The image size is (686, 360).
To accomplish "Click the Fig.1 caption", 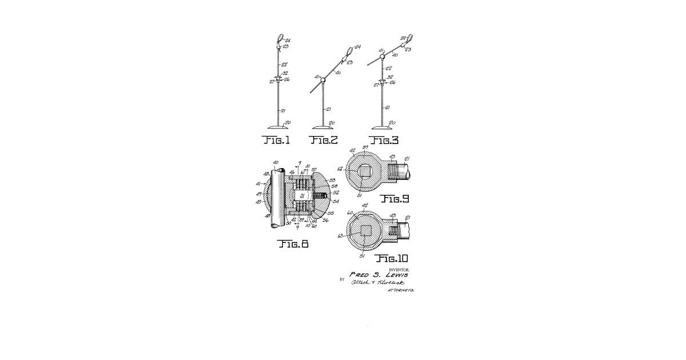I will point(276,139).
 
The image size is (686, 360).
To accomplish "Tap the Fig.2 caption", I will point(324,139).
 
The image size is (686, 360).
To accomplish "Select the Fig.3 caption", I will point(385,139).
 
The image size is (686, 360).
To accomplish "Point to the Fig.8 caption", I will point(293,243).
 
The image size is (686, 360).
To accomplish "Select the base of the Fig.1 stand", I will point(278,126).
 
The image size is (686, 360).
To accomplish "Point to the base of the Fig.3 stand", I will point(381,126).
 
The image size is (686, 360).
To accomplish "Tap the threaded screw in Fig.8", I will point(320,195).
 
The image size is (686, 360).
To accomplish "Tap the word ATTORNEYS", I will point(401,291).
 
